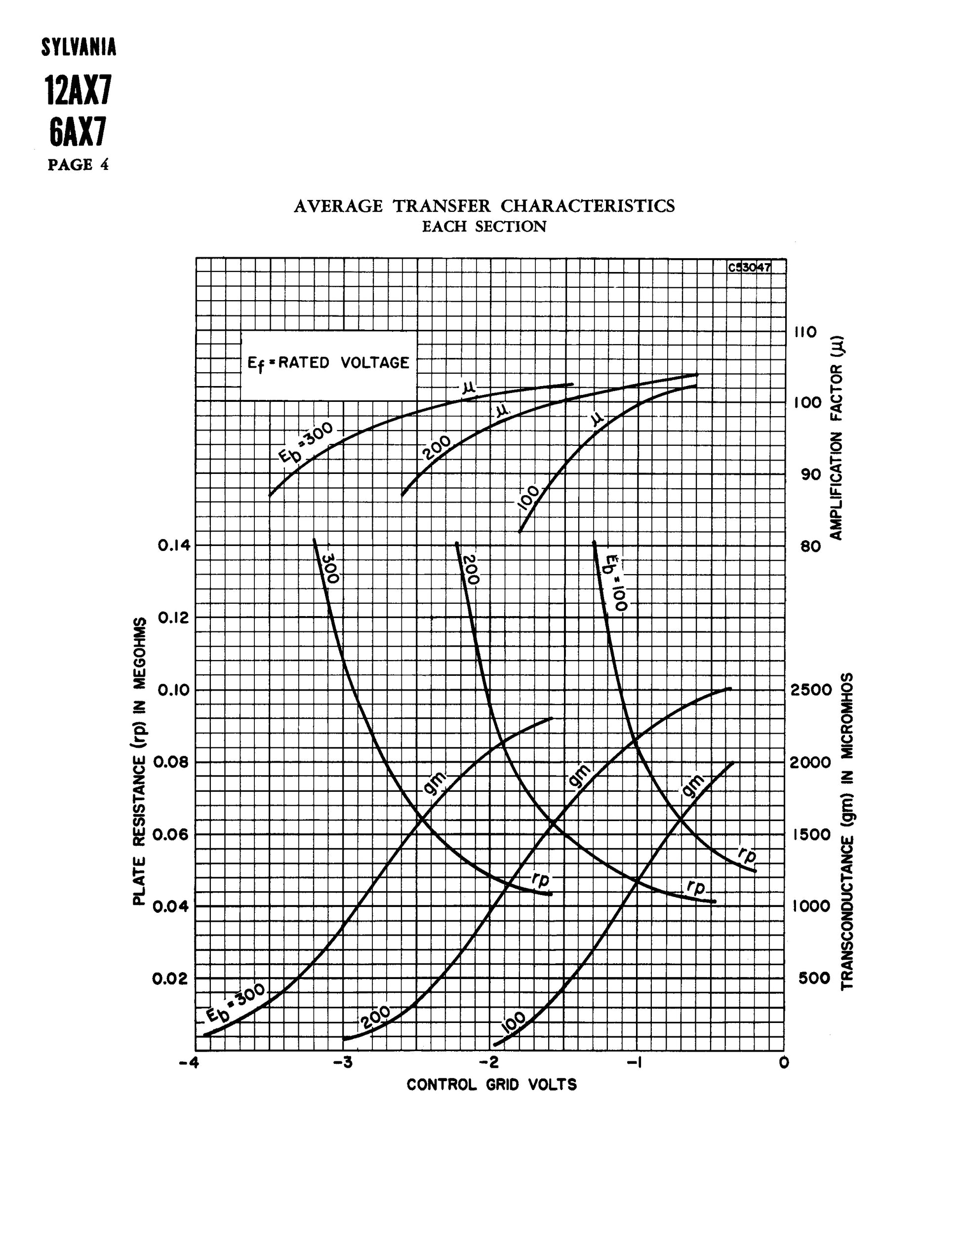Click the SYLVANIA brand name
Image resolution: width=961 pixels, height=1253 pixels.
(x=79, y=47)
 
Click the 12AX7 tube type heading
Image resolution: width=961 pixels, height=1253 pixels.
(x=79, y=91)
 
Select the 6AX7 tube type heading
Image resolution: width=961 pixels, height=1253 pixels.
(x=79, y=133)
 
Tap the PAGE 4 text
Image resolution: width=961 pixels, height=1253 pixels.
(x=79, y=165)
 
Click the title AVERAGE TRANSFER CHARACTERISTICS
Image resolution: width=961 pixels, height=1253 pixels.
(x=484, y=206)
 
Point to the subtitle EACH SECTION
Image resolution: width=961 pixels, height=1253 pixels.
(x=484, y=227)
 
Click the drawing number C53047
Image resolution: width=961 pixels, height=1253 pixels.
(x=749, y=267)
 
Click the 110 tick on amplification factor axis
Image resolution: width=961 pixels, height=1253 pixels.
(x=805, y=332)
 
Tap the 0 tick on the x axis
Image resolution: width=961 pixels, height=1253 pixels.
(x=784, y=1062)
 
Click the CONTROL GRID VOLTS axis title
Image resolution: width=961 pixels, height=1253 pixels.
(x=491, y=1085)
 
